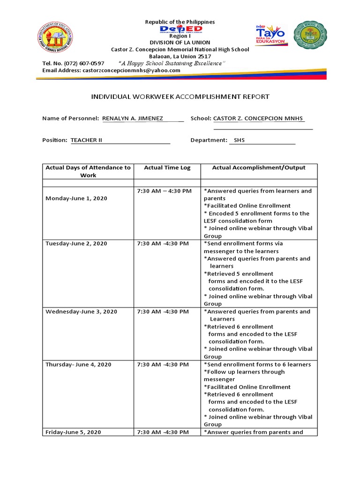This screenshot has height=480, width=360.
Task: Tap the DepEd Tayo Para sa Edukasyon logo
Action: pyautogui.click(x=270, y=35)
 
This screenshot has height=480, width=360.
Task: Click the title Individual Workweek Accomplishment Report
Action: pyautogui.click(x=180, y=97)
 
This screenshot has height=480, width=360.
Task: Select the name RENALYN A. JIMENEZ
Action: pyautogui.click(x=133, y=119)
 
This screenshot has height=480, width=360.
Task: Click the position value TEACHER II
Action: pyautogui.click(x=86, y=140)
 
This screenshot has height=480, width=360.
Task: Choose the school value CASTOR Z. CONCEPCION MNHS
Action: pyautogui.click(x=258, y=119)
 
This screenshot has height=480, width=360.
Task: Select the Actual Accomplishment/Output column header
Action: pyautogui.click(x=259, y=168)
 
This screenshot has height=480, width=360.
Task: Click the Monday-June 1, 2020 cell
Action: pyautogui.click(x=76, y=198)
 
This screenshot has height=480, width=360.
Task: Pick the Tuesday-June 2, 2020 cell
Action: pyautogui.click(x=76, y=244)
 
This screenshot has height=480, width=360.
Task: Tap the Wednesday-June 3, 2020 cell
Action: pyautogui.click(x=81, y=312)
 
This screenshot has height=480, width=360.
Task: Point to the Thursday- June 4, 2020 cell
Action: pyautogui.click(x=78, y=365)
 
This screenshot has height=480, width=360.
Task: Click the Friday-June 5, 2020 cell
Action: pyautogui.click(x=73, y=432)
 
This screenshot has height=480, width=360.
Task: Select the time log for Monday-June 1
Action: pyautogui.click(x=164, y=191)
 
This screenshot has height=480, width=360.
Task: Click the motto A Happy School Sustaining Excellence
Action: pyautogui.click(x=172, y=63)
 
